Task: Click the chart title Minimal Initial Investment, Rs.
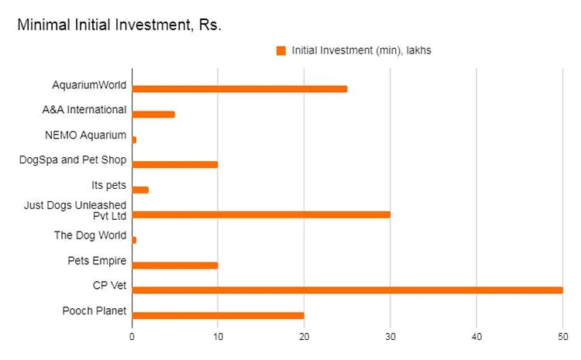click(x=119, y=26)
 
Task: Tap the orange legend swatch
click(x=281, y=51)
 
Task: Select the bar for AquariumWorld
click(x=239, y=88)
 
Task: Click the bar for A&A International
click(x=153, y=114)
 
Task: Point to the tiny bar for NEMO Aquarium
click(x=134, y=139)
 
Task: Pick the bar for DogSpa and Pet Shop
click(x=175, y=164)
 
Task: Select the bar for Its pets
click(x=140, y=190)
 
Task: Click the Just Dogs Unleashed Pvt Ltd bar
click(x=261, y=214)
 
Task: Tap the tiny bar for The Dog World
click(x=134, y=240)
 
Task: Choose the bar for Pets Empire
click(x=175, y=265)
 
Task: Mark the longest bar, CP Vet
click(x=347, y=290)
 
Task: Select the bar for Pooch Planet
click(x=218, y=315)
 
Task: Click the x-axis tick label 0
click(x=132, y=338)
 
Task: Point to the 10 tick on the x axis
click(x=218, y=338)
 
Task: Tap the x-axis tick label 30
click(x=390, y=338)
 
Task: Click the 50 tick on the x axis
click(x=562, y=338)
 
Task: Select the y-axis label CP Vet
click(x=109, y=286)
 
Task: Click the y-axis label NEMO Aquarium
click(x=86, y=135)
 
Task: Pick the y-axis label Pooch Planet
click(x=95, y=311)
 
